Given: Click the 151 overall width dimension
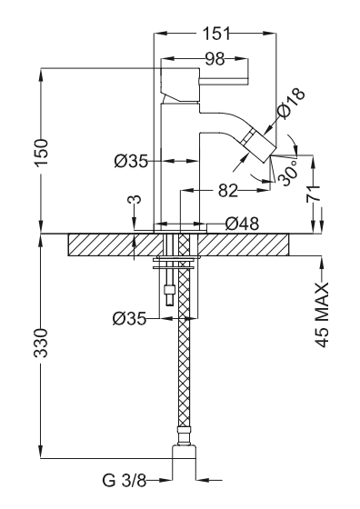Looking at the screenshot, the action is click(x=216, y=33).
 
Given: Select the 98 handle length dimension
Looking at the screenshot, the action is click(x=215, y=59).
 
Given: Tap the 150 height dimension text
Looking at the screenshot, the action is click(x=42, y=153).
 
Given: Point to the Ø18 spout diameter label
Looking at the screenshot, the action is click(x=292, y=102).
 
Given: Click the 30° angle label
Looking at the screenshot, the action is click(x=288, y=173).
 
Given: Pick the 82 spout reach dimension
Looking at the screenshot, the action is click(x=227, y=190).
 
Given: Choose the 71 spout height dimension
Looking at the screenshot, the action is click(x=314, y=195).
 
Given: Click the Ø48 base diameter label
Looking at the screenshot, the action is click(x=242, y=224).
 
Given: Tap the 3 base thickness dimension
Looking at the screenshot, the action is click(x=136, y=199).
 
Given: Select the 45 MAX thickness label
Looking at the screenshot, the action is click(x=322, y=315).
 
